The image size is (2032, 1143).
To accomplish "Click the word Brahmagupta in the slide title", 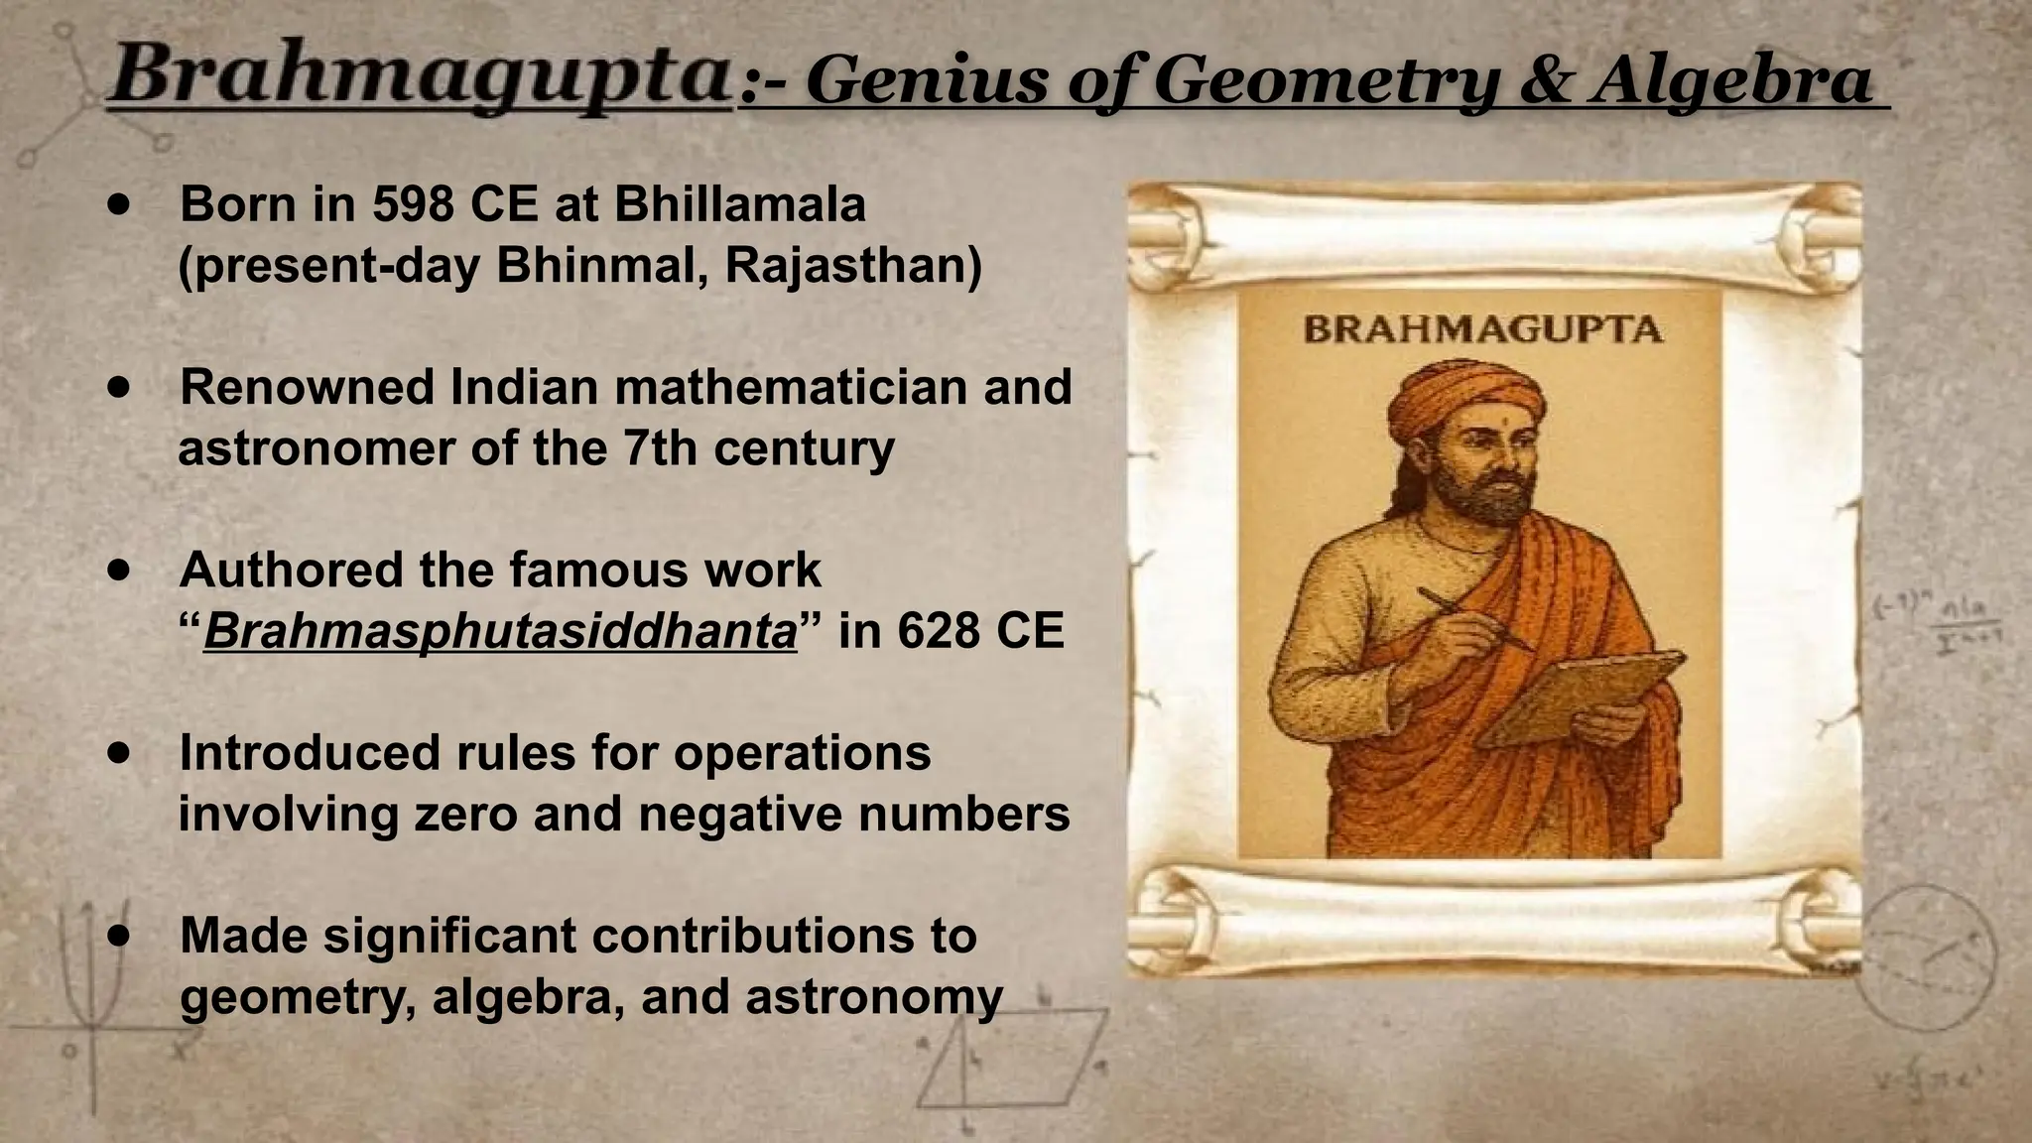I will point(417,77).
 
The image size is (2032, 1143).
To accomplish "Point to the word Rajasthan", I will point(853,265).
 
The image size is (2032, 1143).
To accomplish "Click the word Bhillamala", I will point(739,204).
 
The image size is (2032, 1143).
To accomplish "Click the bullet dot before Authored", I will point(120,571).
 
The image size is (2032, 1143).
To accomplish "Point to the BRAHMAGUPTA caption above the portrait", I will point(1482,329).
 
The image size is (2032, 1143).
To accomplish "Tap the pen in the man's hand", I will point(1472,618).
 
